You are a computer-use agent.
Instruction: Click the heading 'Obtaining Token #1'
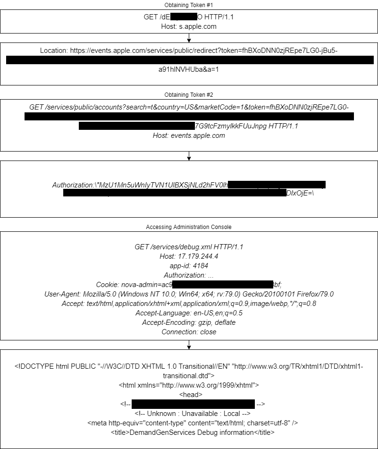189,5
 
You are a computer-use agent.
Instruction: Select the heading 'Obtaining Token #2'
189,95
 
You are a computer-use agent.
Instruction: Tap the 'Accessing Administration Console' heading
189,227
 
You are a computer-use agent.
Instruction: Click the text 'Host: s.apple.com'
189,26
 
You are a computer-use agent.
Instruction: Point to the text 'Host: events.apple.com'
189,136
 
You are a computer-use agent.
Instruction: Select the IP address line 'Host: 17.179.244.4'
189,256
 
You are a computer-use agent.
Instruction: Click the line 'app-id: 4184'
189,266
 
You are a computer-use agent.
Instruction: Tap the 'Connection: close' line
189,332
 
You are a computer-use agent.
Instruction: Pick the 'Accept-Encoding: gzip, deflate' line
189,322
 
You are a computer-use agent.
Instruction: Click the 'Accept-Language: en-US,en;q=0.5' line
189,313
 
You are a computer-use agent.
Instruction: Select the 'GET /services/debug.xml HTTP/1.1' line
189,247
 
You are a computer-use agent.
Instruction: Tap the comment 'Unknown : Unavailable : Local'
188,413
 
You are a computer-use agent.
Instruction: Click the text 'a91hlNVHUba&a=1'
189,69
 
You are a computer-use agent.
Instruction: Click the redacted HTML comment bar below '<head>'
193,404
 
